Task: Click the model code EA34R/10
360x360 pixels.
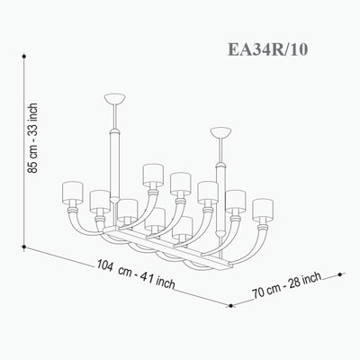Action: pos(267,49)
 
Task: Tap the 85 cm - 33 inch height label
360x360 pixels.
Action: pos(32,139)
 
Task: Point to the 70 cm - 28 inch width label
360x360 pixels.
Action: pos(287,285)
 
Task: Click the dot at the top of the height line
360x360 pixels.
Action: pos(23,56)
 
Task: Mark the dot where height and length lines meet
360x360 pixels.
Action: pos(23,247)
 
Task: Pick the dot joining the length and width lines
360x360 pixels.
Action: pos(230,306)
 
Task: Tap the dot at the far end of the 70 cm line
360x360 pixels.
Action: pos(339,274)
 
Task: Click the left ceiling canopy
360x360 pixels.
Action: pos(114,98)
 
